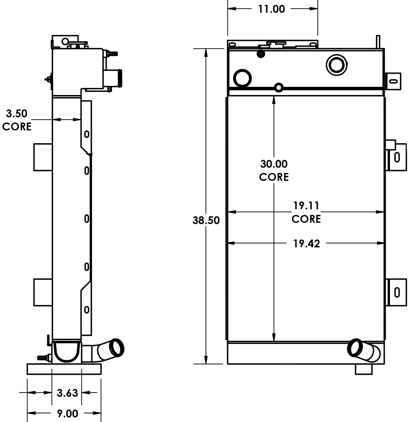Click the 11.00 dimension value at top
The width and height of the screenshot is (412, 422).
point(271,9)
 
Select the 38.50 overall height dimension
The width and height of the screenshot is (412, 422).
point(206,220)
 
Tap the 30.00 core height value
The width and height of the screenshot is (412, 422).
point(274,163)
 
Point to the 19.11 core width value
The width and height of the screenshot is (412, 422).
point(306,206)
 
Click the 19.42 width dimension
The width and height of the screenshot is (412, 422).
point(306,243)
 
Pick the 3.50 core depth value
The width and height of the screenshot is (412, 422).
point(17,114)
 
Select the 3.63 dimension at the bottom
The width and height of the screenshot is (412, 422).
point(67,393)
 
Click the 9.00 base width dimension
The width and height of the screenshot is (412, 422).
point(68,413)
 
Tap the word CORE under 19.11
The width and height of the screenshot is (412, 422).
point(306,219)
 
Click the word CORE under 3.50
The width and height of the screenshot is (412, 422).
point(17,127)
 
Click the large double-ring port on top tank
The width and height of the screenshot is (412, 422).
point(337,65)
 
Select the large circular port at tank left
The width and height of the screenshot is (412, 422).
point(242,78)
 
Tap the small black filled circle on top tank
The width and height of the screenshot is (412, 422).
point(261,54)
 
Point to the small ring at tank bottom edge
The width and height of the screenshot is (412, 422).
point(279,87)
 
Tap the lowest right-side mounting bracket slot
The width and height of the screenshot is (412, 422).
point(397,292)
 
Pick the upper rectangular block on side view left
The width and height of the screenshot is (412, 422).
point(43,157)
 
